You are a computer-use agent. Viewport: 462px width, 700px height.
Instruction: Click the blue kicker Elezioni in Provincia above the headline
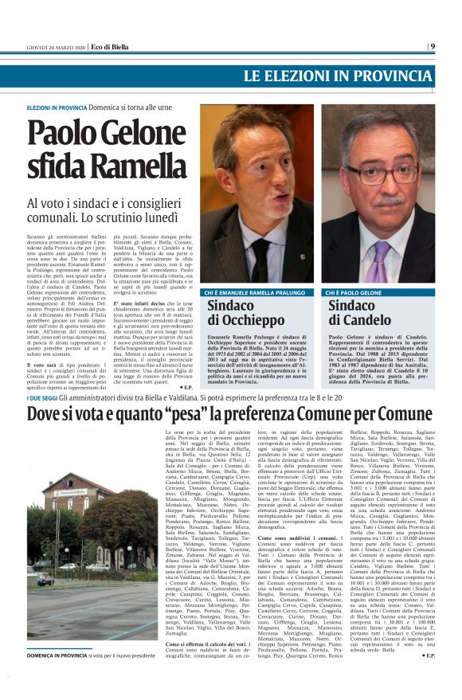pos(57,107)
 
